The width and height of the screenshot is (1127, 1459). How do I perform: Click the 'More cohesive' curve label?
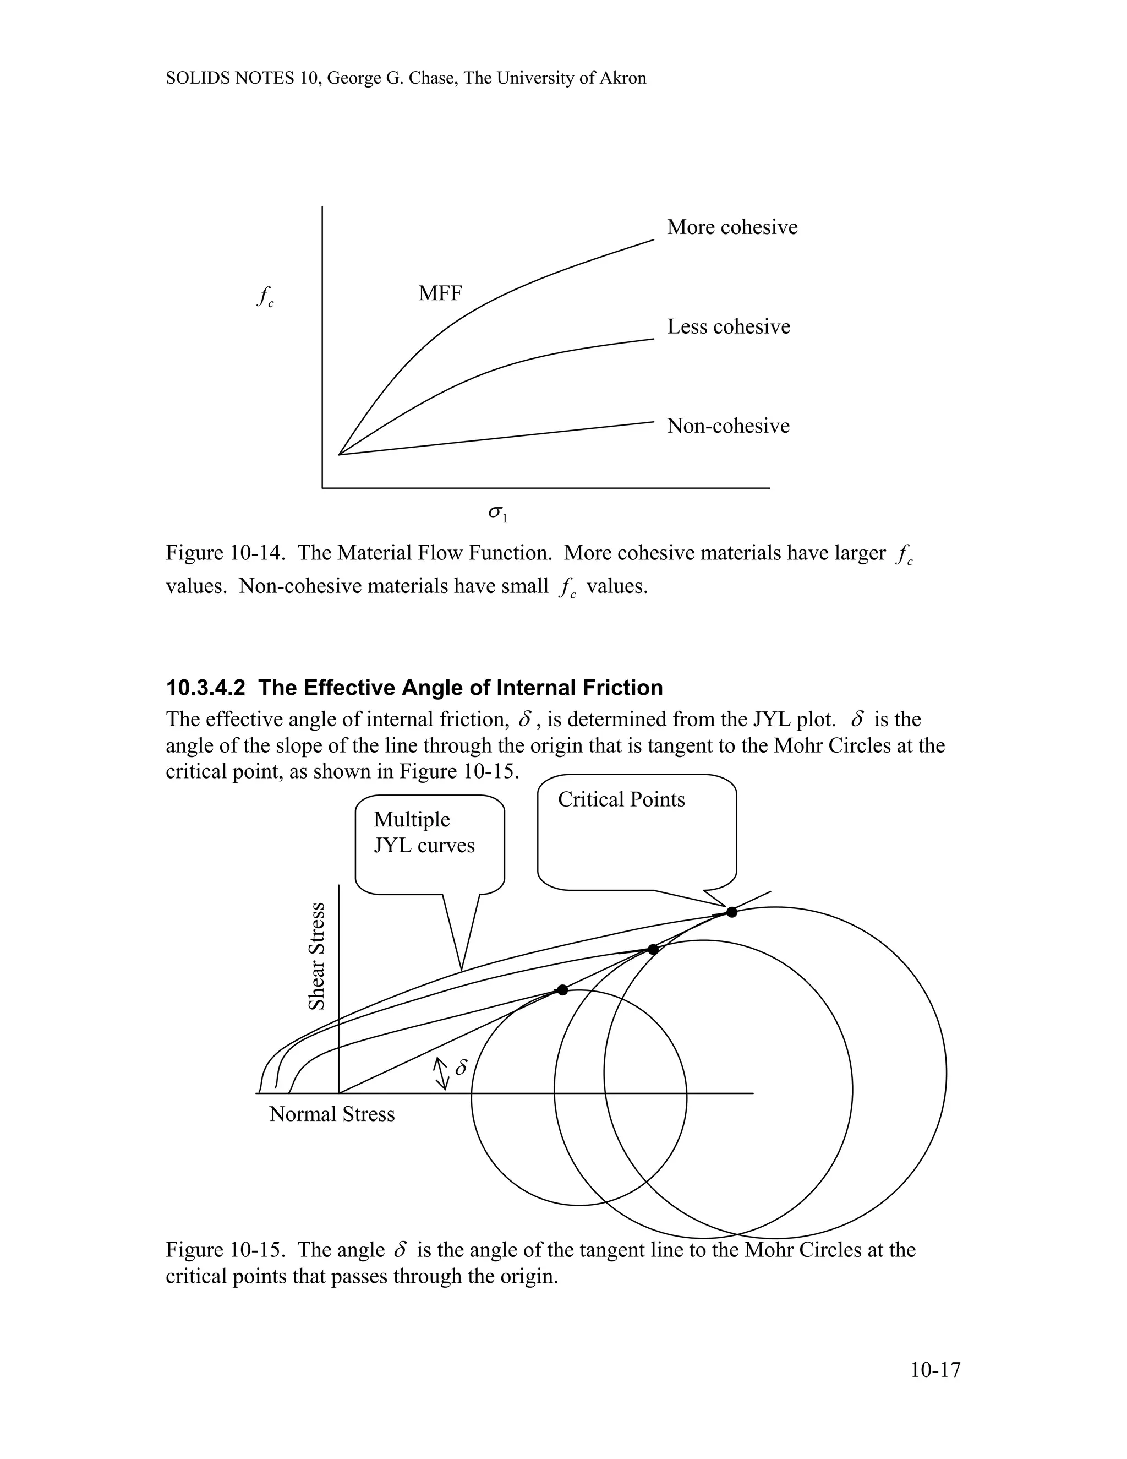[732, 227]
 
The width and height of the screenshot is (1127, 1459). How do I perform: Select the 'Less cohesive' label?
[729, 326]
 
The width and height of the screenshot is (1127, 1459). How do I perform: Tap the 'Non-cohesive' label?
[727, 426]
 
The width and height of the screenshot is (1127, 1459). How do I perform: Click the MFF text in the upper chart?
[440, 293]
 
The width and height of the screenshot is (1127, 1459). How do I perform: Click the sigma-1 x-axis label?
[497, 513]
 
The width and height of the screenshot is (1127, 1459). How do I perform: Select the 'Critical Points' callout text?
[621, 799]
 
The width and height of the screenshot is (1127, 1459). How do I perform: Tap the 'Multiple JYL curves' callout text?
[424, 832]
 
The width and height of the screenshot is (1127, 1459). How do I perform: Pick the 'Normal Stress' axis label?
[332, 1114]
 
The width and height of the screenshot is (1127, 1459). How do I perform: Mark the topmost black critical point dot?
[732, 912]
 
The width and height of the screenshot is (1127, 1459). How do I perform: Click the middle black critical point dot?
[653, 949]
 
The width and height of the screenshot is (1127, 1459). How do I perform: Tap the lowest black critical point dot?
[562, 989]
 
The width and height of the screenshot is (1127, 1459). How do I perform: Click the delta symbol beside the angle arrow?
[461, 1068]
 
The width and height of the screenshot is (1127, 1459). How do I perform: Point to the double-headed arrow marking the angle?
[441, 1073]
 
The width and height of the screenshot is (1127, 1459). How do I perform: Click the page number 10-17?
[935, 1370]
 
